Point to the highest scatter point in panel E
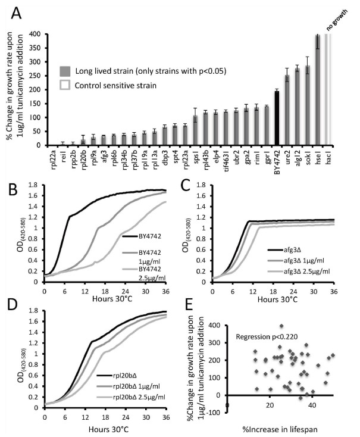[x=281, y=326]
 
